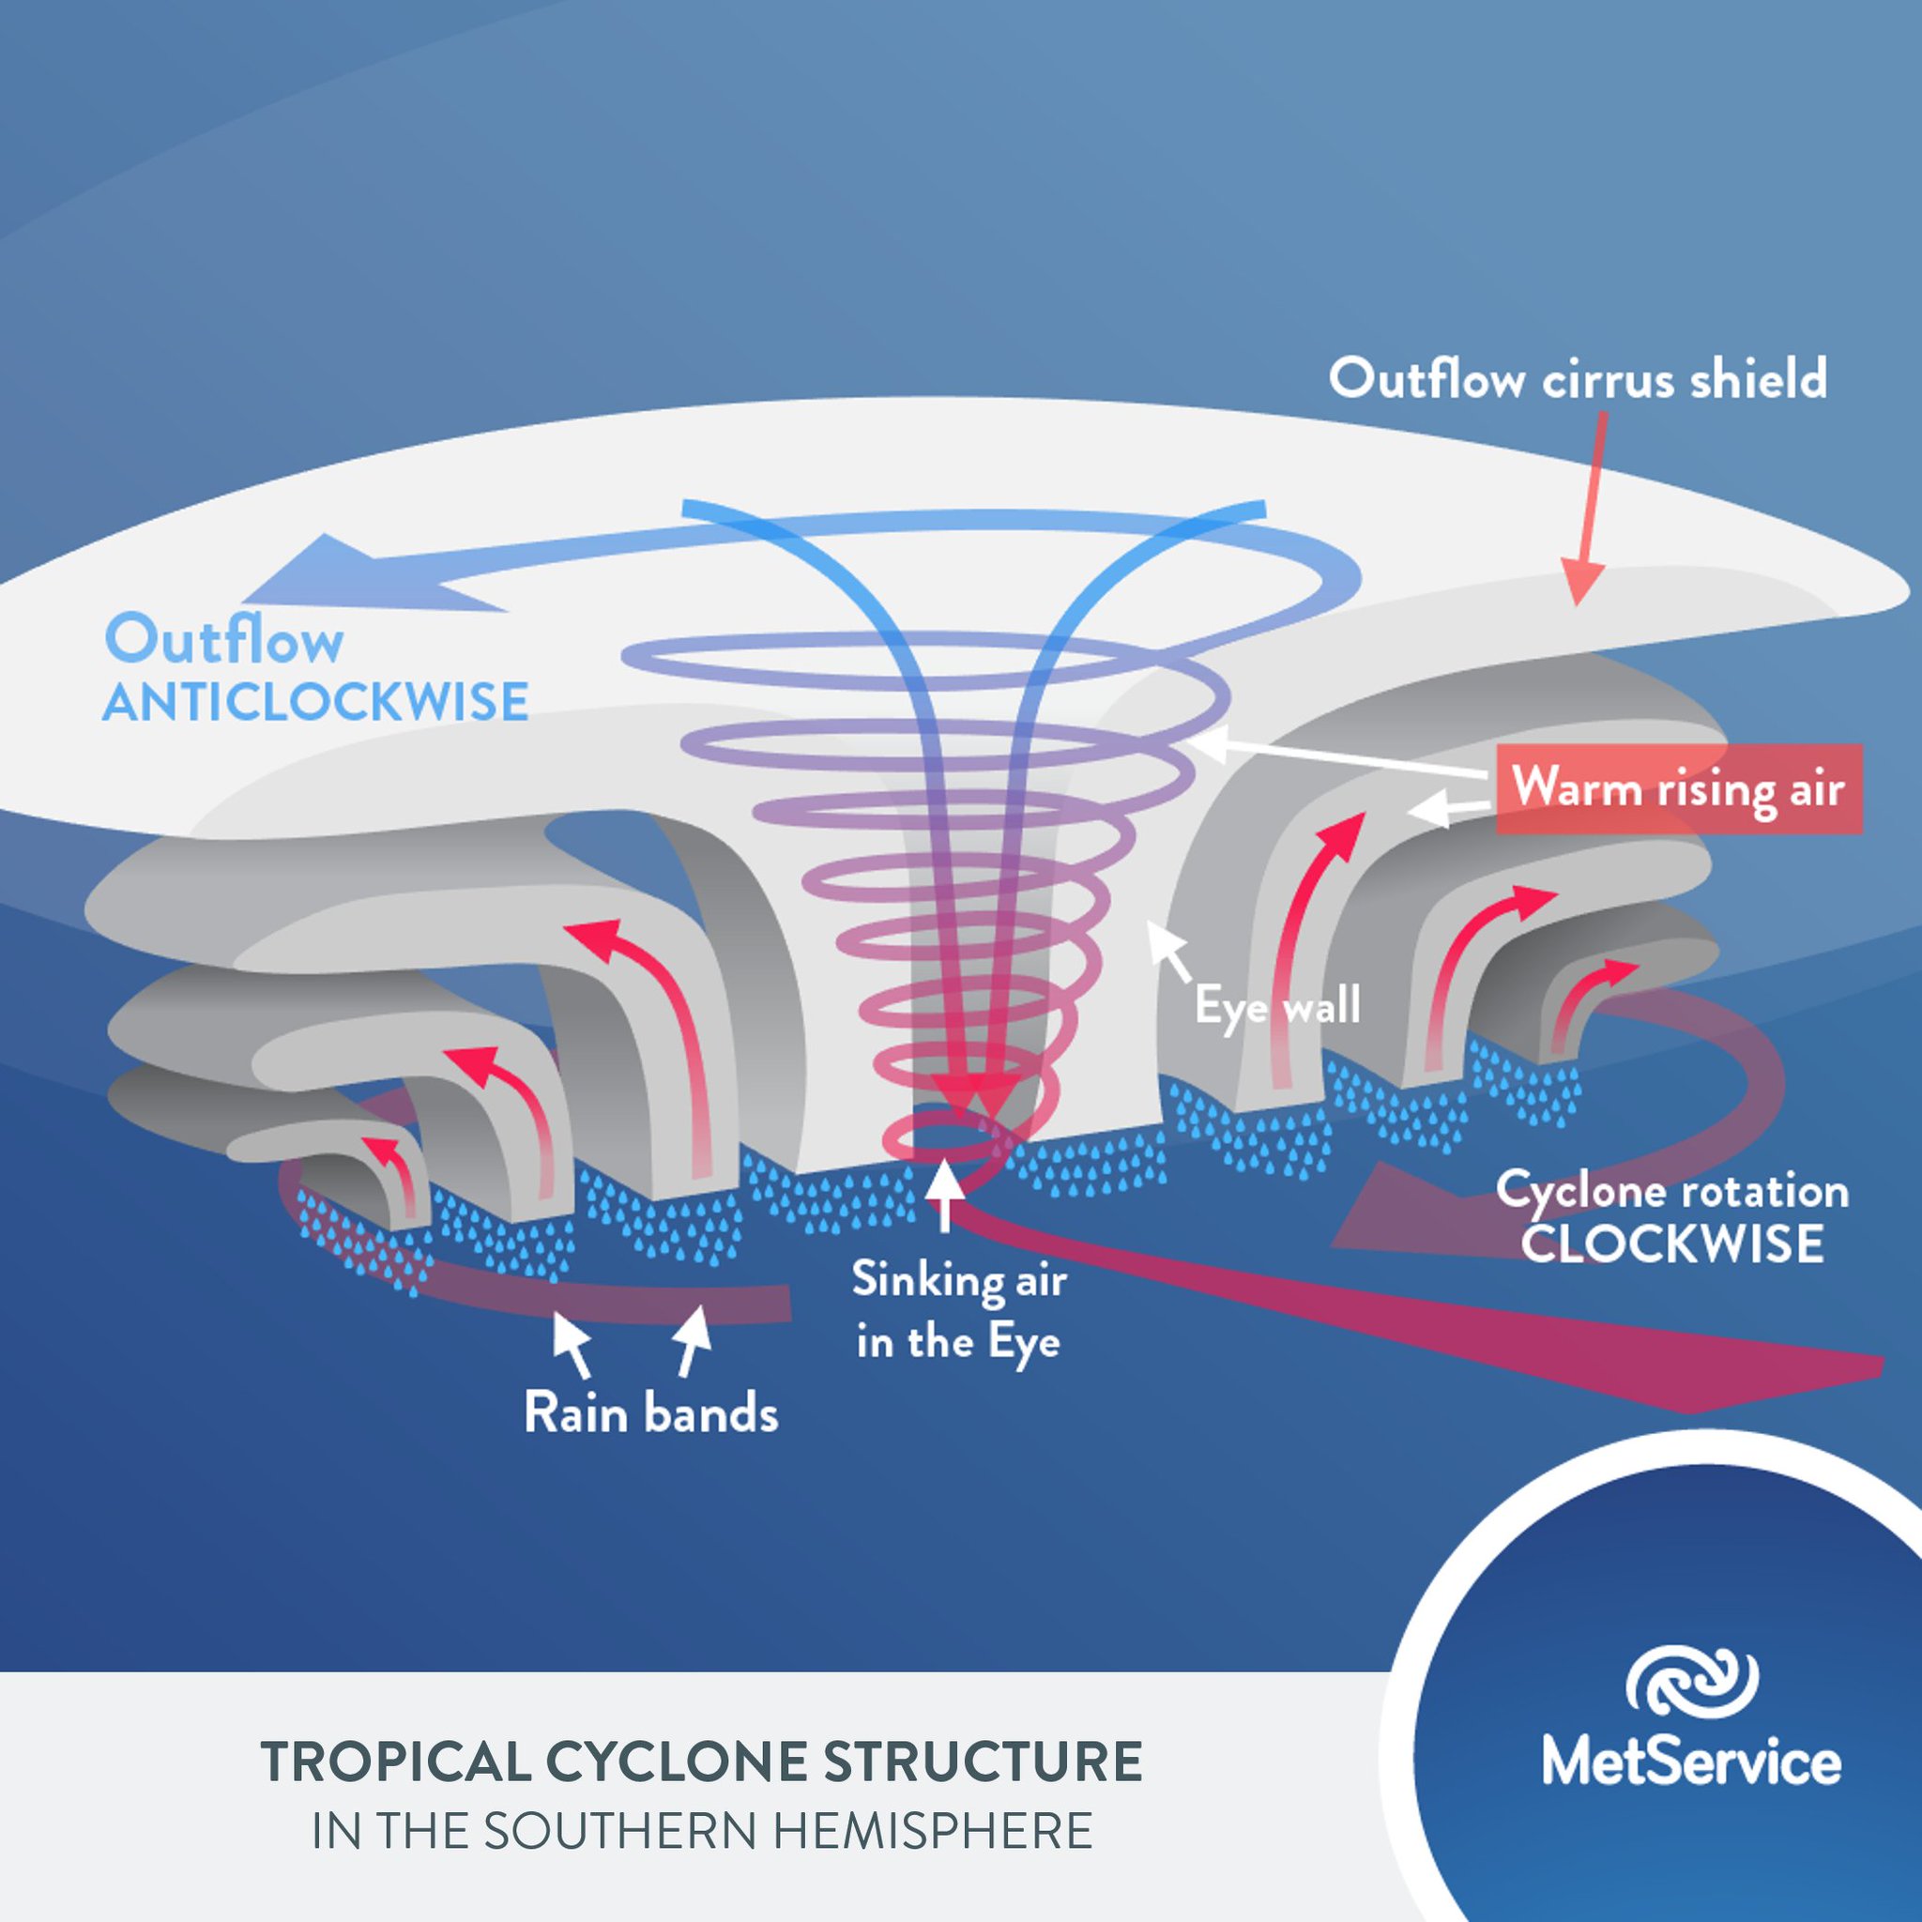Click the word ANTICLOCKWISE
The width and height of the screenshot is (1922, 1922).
315,702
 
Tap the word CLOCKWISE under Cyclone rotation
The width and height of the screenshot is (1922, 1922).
1672,1244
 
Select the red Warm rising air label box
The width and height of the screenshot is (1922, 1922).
1678,790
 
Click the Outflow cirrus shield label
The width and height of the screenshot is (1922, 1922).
1578,380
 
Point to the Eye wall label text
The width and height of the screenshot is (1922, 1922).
1277,1007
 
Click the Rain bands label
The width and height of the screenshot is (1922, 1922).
650,1413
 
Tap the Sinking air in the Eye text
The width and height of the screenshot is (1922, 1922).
959,1311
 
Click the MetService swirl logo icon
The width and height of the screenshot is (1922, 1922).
1691,1683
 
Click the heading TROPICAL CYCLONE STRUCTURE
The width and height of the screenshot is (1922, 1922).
701,1762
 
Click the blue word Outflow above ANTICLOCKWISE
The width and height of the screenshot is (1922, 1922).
225,642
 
